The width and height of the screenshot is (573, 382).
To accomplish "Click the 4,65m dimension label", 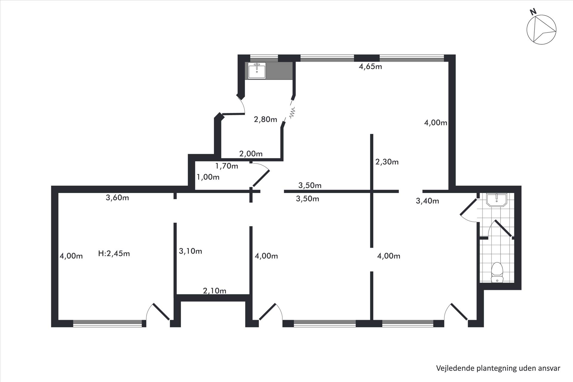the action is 370,67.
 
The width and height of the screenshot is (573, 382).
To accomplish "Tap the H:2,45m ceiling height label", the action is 114,254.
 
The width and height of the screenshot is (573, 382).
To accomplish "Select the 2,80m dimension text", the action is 265,120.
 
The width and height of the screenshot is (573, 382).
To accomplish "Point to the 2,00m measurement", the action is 251,154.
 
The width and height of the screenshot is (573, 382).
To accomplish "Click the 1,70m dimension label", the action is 227,166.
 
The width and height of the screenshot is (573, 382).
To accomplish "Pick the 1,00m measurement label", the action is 208,177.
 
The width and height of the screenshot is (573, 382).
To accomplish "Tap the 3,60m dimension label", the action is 117,198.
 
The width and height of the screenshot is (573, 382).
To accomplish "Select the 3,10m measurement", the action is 190,251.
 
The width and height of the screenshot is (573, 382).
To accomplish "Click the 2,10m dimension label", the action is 215,291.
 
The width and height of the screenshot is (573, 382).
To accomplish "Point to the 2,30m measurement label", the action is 387,162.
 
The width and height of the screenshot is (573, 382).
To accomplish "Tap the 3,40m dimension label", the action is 427,201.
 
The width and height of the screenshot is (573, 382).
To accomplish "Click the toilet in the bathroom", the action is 497,272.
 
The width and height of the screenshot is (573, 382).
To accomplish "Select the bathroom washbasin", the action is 497,200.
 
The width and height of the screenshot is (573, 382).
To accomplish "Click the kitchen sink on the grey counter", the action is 257,70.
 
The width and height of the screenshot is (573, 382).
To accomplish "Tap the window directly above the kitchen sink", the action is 264,56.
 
